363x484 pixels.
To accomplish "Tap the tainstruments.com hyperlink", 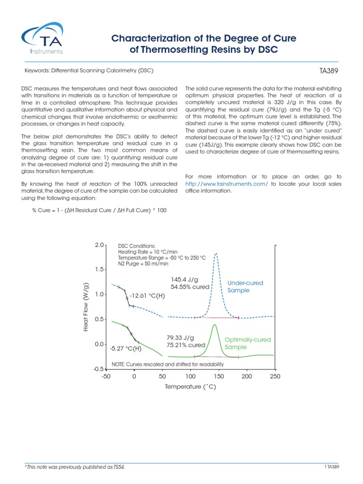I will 227,183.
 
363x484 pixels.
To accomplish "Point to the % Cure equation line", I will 99,210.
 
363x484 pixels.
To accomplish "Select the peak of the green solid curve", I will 215,325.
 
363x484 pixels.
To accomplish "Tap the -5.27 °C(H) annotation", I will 125,349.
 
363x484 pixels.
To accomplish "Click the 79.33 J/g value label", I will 181,337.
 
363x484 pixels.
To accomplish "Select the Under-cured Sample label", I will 245,286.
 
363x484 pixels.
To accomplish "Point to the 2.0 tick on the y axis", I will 98,245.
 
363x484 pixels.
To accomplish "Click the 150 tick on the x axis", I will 219,376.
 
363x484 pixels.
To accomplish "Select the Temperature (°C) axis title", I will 190,387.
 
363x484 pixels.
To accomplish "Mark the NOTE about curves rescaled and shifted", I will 167,364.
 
